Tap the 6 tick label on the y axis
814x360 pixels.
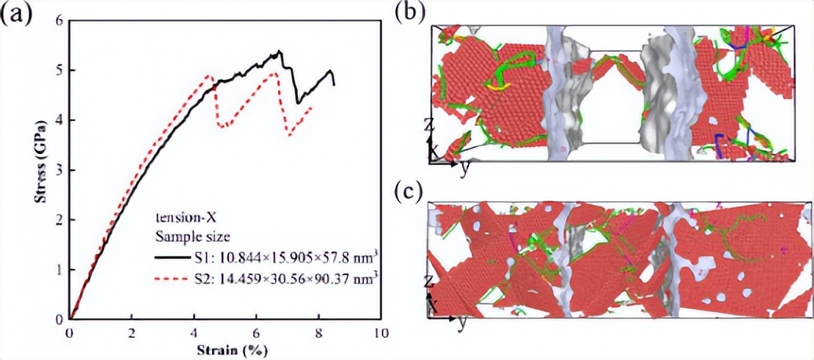(59, 20)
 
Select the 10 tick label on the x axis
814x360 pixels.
(379, 332)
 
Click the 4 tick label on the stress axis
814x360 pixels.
(59, 120)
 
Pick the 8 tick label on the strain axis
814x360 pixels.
(317, 332)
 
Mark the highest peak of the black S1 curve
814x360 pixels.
(280, 51)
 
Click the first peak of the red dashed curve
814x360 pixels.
(209, 75)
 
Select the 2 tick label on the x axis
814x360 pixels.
(132, 332)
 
